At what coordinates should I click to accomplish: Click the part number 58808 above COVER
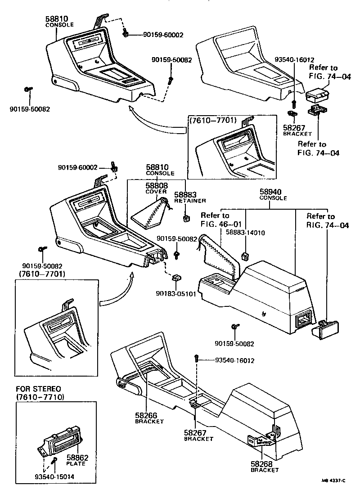(156, 185)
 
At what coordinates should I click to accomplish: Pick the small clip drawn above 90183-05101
(177, 280)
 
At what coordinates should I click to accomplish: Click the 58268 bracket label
(262, 463)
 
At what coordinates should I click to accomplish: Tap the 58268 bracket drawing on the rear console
(263, 438)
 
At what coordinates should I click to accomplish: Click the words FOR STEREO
(39, 389)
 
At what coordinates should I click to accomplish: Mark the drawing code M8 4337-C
(333, 494)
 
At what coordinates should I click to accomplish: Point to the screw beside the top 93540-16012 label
(293, 94)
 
